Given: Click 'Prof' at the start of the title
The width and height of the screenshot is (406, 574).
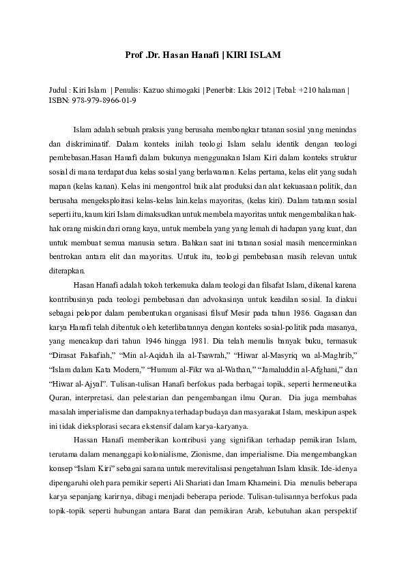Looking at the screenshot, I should (x=136, y=53).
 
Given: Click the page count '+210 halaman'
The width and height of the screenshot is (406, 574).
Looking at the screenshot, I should (x=321, y=89).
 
